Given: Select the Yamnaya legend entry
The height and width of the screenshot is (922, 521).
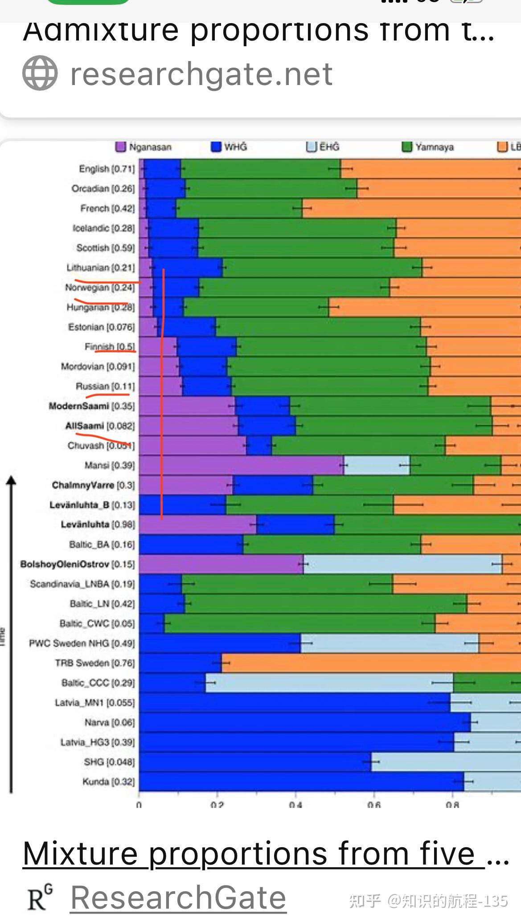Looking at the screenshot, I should (x=428, y=147).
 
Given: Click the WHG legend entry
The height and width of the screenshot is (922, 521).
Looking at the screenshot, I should (x=229, y=147).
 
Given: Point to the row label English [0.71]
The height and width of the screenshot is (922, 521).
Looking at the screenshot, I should (x=107, y=169).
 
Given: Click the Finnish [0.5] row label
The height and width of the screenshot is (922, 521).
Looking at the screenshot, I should (x=110, y=347).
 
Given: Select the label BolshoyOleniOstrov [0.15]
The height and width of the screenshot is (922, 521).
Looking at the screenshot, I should (x=77, y=565).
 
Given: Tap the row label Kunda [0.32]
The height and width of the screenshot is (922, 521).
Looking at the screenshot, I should (x=108, y=782).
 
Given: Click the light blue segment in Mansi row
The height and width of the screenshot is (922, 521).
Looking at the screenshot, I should (x=377, y=465).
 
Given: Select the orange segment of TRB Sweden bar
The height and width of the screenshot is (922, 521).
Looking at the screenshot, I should (x=370, y=663).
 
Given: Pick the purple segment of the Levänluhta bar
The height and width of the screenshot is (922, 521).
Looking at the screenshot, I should (x=197, y=524).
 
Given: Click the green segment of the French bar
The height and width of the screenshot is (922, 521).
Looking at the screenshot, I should (x=239, y=208).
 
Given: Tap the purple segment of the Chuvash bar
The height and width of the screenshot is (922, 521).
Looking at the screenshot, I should (x=192, y=446).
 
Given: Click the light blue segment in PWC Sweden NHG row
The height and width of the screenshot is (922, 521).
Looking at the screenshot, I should (x=389, y=643).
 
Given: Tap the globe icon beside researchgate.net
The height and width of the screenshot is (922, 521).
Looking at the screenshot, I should (x=40, y=73).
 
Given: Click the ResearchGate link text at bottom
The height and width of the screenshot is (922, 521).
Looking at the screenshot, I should (x=178, y=898).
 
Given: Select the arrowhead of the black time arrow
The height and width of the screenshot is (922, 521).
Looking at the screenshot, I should (x=12, y=480).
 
